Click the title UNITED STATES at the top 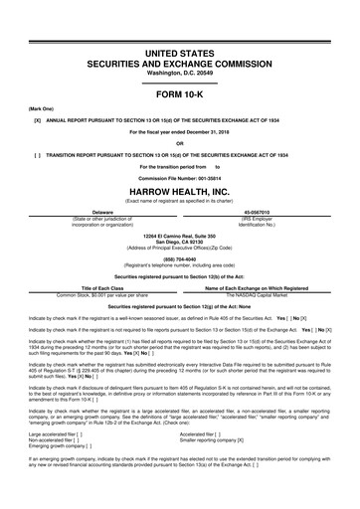point(179,23)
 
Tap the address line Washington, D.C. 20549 point(179,46)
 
